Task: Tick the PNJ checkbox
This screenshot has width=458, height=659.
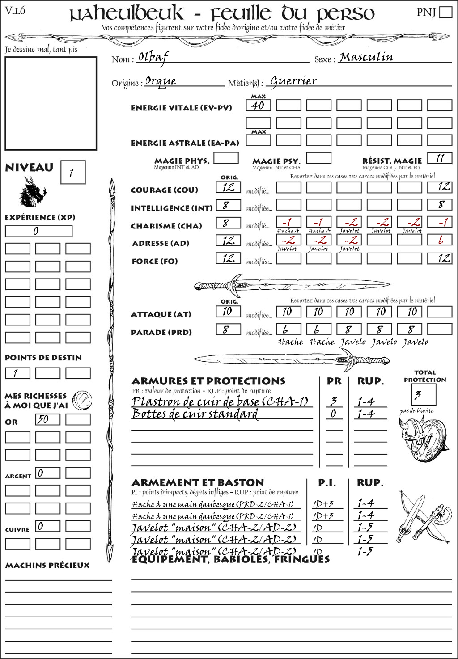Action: pyautogui.click(x=445, y=12)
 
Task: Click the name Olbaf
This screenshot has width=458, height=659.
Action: pyautogui.click(x=153, y=57)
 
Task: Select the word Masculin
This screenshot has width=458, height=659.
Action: pyautogui.click(x=366, y=57)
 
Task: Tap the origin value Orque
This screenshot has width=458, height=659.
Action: pyautogui.click(x=161, y=81)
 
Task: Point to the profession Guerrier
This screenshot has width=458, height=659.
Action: pyautogui.click(x=293, y=81)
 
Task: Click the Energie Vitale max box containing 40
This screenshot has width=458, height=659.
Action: pyautogui.click(x=258, y=106)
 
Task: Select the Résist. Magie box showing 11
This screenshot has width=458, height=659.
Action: pyautogui.click(x=439, y=158)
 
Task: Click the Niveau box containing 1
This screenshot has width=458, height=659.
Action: pyautogui.click(x=72, y=173)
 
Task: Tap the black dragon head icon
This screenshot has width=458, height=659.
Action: pyautogui.click(x=32, y=192)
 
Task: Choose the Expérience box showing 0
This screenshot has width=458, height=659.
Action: pyautogui.click(x=38, y=231)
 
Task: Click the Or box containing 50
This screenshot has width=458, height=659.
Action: pyautogui.click(x=47, y=419)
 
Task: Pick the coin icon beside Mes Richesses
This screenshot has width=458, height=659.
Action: pyautogui.click(x=82, y=400)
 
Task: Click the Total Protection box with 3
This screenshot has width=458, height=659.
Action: pyautogui.click(x=423, y=395)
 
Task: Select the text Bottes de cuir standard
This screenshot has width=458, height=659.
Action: pyautogui.click(x=195, y=414)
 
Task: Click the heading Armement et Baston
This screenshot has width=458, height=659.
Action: pyautogui.click(x=198, y=483)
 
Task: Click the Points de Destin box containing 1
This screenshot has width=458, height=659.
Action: pyautogui.click(x=17, y=373)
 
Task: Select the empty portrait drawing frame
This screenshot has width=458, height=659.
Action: pyautogui.click(x=51, y=103)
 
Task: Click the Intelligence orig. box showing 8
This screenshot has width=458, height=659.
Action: pyautogui.click(x=228, y=205)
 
